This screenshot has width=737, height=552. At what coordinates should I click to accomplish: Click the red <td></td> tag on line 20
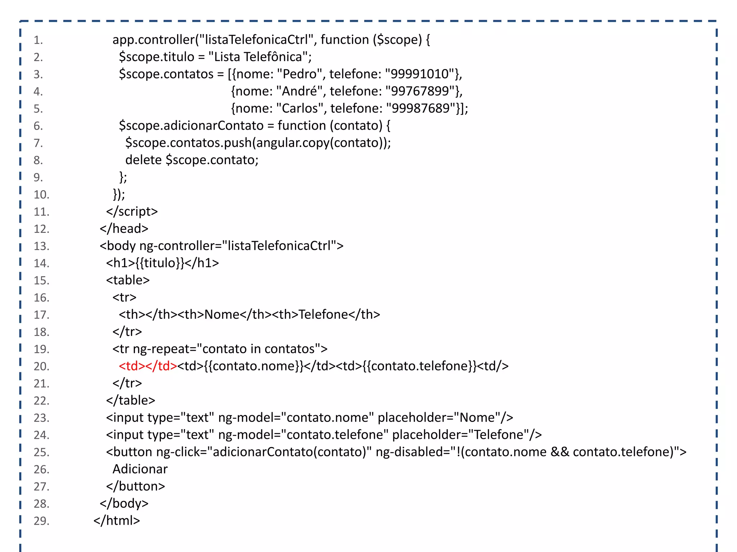pos(148,366)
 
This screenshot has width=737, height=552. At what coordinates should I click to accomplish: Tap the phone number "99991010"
pos(420,74)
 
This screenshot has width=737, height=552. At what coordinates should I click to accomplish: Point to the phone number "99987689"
pos(420,109)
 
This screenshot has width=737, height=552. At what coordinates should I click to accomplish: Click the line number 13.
pos(41,246)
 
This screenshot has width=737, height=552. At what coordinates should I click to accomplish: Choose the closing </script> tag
pos(132,211)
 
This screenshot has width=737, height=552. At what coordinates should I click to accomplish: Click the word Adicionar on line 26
pos(140,469)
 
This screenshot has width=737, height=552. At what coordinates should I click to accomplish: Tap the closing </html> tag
pos(117,520)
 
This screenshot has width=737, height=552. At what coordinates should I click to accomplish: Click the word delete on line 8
pos(143,160)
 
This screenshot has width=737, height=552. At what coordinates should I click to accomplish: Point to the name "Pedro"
pos(299,74)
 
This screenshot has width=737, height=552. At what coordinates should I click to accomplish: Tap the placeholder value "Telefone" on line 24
pos(498,435)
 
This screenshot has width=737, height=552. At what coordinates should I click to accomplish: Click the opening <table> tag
pos(128,280)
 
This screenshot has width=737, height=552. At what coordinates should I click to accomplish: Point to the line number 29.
pos(41,521)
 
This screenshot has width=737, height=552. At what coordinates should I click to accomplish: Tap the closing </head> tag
pos(124,229)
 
